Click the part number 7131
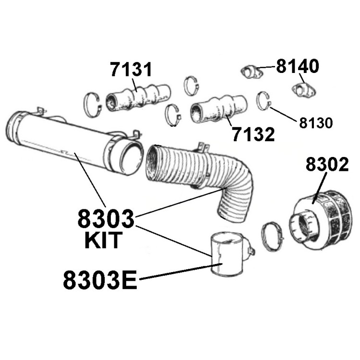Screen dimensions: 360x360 pyautogui.click(x=131, y=69)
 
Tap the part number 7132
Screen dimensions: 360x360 pyautogui.click(x=253, y=134)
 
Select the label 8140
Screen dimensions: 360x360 pyautogui.click(x=298, y=66)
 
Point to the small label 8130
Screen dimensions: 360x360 pyautogui.click(x=316, y=123)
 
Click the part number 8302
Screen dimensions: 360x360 pyautogui.click(x=327, y=164)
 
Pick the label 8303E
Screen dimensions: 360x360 pyautogui.click(x=100, y=280)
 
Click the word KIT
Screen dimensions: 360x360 pyautogui.click(x=103, y=240)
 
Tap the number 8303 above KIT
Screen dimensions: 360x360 pyautogui.click(x=106, y=218)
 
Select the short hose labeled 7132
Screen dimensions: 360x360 pyautogui.click(x=219, y=108)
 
